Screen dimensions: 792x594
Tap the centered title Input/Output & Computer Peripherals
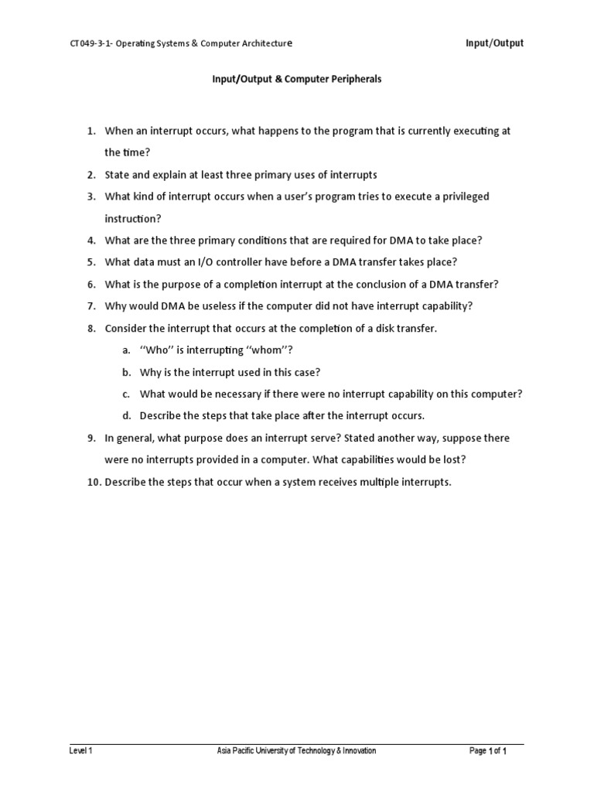[296, 80]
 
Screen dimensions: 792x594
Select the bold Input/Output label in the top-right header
[494, 43]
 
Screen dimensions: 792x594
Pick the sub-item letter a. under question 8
[125, 350]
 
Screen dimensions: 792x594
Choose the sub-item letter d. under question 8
[125, 416]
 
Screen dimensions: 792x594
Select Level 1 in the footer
[80, 751]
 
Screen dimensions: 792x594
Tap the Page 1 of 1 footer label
[488, 751]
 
